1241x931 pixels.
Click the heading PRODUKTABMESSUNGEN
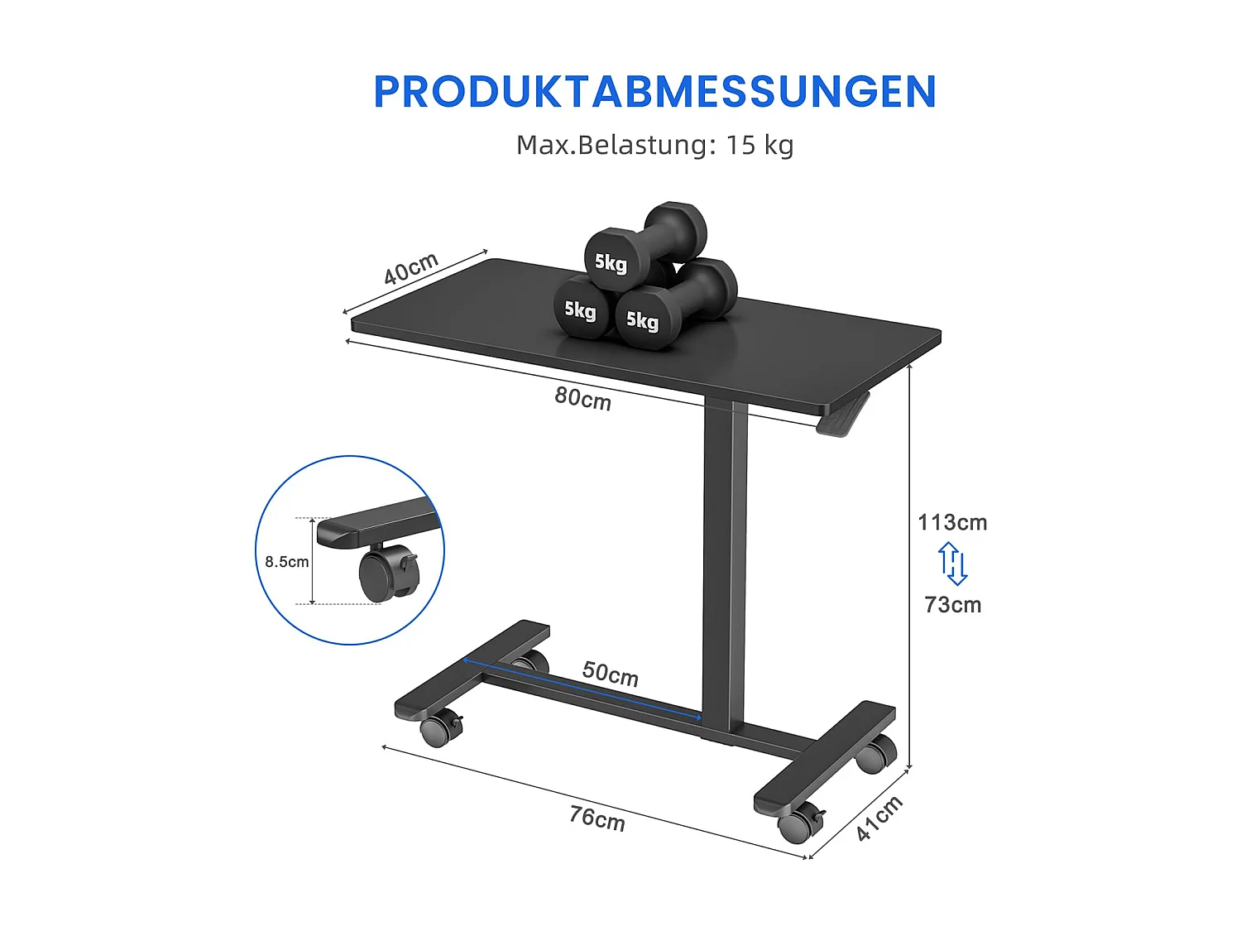[x=654, y=92]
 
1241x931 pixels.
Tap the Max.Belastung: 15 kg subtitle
[x=654, y=145]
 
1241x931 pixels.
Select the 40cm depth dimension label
[x=410, y=269]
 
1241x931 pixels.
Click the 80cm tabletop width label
[x=582, y=399]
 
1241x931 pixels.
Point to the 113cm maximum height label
[x=952, y=522]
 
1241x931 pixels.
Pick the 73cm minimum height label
[x=953, y=605]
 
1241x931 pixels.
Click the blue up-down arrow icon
[x=953, y=564]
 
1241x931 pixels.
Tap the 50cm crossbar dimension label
[x=610, y=674]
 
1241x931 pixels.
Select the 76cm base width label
[x=597, y=818]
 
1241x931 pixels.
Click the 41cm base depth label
[x=879, y=818]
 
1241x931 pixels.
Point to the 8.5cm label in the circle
[x=286, y=562]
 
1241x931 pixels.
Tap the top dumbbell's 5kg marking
[x=611, y=263]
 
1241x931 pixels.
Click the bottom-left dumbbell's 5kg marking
[x=580, y=310]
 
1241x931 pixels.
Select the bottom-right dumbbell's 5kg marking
[x=642, y=319]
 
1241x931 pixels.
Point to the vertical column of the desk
[x=726, y=563]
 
